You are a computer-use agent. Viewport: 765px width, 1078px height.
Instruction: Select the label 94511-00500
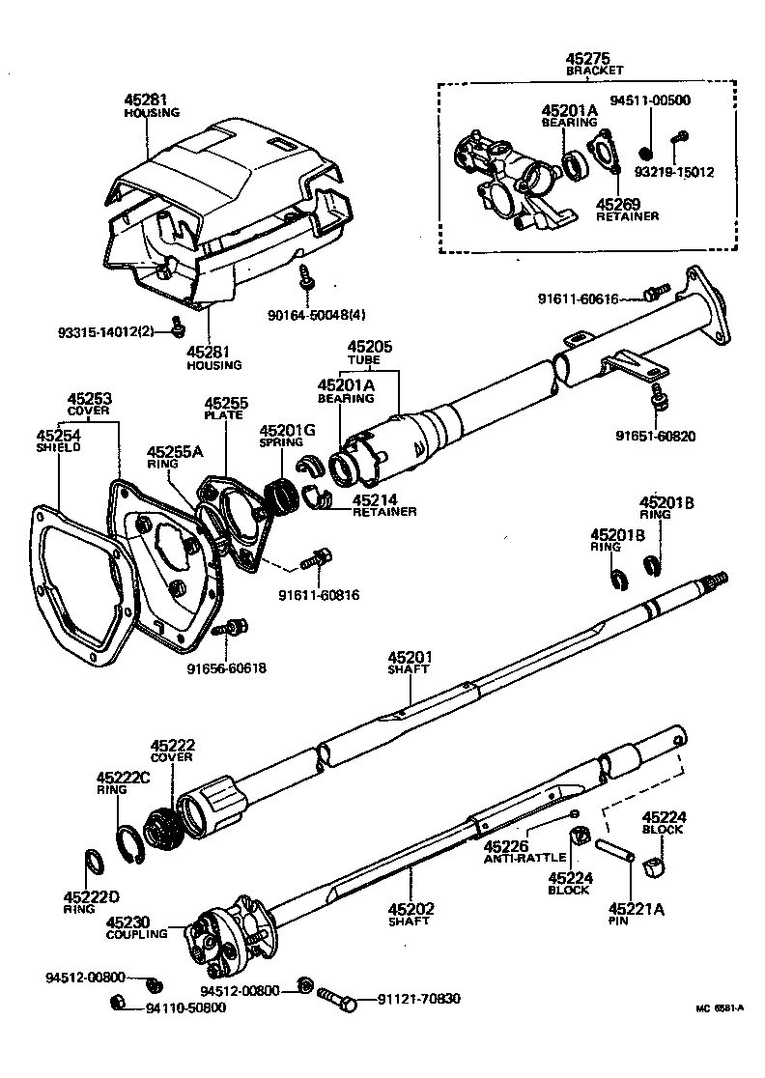(x=649, y=99)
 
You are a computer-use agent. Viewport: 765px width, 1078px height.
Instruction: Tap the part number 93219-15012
(x=673, y=173)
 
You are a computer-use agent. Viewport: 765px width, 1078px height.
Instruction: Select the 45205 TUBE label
(x=369, y=351)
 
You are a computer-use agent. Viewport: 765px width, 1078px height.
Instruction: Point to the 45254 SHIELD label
(x=58, y=441)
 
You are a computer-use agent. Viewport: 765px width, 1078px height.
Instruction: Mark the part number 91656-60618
(x=226, y=667)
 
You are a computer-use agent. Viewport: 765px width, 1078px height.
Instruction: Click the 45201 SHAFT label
(x=410, y=663)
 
